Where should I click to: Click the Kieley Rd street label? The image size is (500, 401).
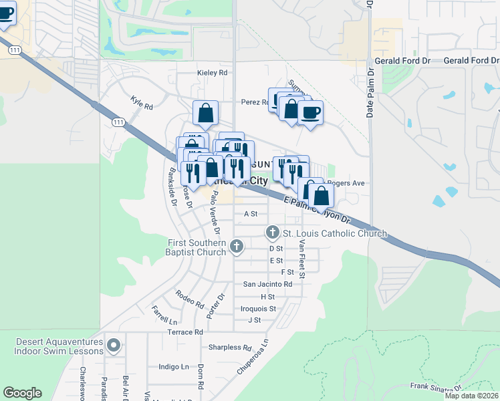point(213,72)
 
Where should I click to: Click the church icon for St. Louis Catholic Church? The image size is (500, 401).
point(272,233)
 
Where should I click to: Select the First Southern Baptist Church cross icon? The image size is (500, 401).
point(236,247)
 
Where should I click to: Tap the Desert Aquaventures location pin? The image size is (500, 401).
point(114,346)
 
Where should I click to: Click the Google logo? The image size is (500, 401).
point(22,393)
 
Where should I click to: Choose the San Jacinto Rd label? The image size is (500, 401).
point(267,284)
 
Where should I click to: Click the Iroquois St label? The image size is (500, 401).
point(258,309)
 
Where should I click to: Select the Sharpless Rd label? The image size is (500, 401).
point(229,348)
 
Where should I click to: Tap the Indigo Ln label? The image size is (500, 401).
point(174,367)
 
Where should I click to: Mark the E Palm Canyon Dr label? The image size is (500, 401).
point(317,209)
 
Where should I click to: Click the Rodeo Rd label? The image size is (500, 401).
point(190,299)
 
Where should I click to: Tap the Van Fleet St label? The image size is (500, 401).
point(302,259)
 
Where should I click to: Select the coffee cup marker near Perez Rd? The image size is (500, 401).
point(309,112)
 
